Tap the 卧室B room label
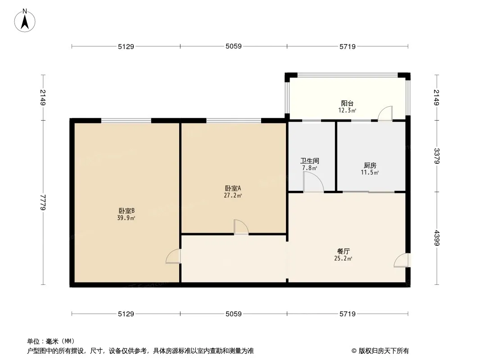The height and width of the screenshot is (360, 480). point(127,210)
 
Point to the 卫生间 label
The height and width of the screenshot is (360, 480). point(310,161)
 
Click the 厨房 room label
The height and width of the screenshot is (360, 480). point(370,165)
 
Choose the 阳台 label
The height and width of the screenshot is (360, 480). point(347,103)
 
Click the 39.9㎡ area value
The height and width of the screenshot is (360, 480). point(126,218)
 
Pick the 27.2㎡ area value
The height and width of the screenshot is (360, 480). point(234,196)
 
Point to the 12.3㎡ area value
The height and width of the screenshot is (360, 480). point(347,111)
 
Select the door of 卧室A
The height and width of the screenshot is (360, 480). point(241,227)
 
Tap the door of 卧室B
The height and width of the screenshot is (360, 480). point(173,256)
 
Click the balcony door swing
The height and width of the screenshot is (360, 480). point(385,113)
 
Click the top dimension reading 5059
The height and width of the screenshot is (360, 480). point(234,46)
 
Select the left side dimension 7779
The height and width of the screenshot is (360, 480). point(43,202)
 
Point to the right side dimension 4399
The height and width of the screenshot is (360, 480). point(436,238)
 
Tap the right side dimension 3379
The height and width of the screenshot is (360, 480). point(436,156)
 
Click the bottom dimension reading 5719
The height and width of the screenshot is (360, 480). point(347,314)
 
